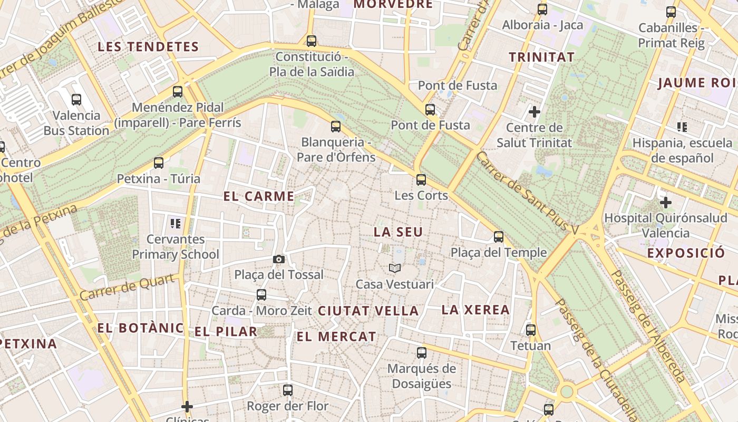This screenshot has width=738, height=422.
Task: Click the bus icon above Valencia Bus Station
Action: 76,99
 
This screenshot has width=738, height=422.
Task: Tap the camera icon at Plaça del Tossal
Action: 279,259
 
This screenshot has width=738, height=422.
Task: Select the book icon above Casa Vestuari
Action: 395,268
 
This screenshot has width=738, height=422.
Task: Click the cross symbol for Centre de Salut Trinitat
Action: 535,112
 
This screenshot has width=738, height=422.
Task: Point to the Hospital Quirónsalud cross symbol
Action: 666,202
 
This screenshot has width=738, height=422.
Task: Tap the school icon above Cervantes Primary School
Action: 175,223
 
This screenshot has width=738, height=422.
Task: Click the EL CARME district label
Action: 259,197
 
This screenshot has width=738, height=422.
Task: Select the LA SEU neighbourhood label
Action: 398,232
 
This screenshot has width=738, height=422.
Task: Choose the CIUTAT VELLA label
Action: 368,311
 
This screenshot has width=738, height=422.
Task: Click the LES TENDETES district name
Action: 148,46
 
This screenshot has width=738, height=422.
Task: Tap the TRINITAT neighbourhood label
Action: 541,57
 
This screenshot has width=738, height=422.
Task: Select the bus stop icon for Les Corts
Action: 421,179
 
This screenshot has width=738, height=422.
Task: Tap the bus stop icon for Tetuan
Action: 531,330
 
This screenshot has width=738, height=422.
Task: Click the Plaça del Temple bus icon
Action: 499,237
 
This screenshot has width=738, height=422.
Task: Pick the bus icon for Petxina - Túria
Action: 159,163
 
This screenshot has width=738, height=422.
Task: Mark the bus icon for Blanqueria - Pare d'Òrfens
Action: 336,127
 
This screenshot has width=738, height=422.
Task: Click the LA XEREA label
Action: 475,310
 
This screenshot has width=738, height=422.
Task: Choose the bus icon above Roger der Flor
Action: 288,390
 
